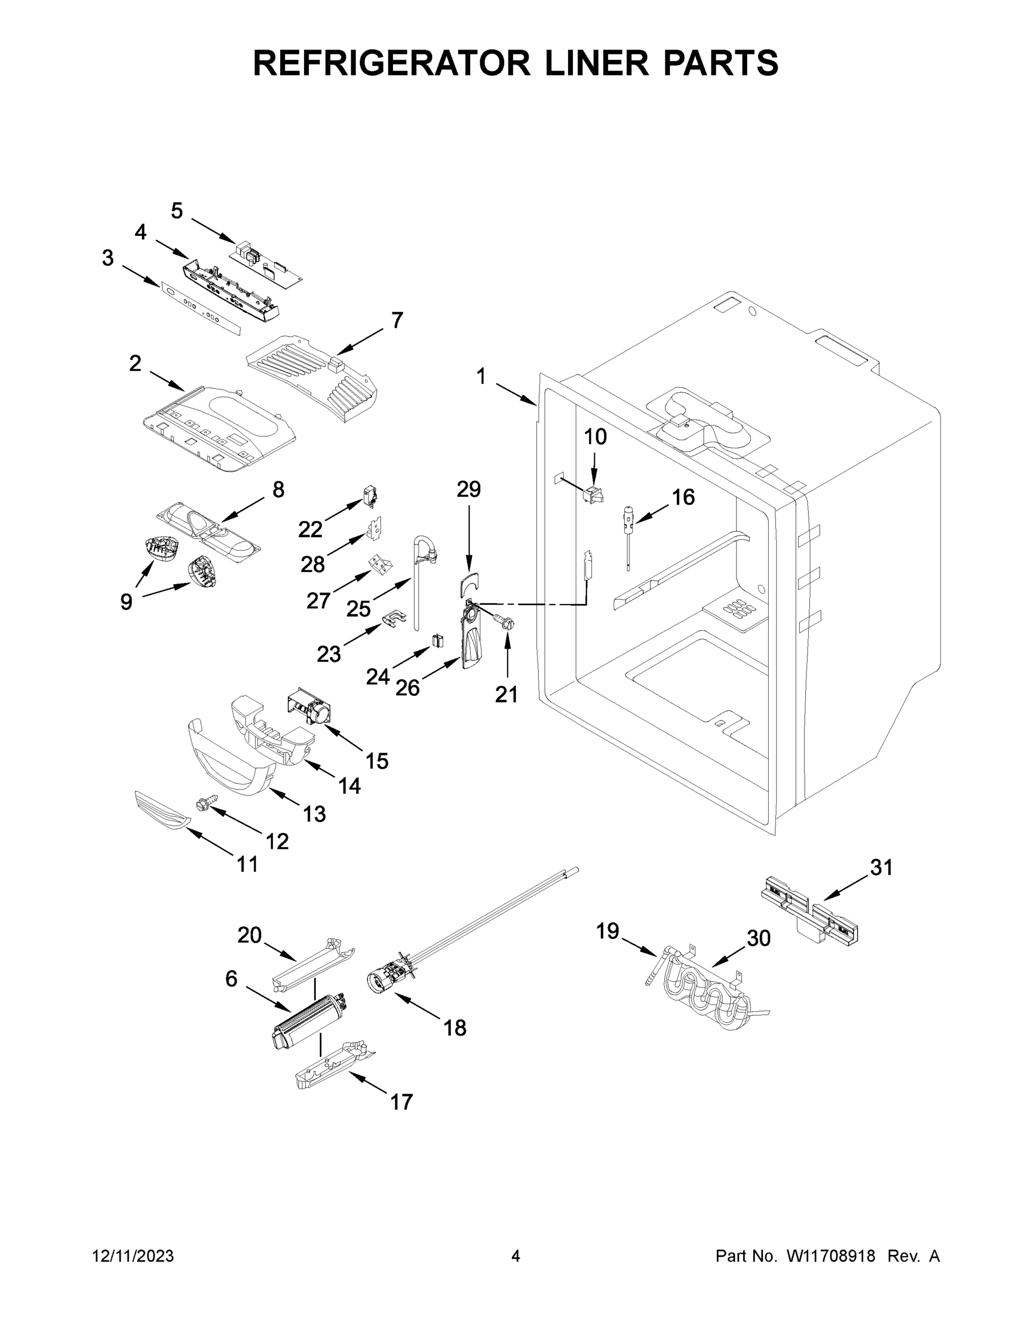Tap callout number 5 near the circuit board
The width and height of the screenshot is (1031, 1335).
177,211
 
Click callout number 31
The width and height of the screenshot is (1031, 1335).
881,867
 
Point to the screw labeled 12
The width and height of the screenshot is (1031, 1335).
206,804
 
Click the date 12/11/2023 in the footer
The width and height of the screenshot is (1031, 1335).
133,1256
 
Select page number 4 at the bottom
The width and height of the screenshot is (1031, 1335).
516,1256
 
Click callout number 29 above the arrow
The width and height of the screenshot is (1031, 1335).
469,489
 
